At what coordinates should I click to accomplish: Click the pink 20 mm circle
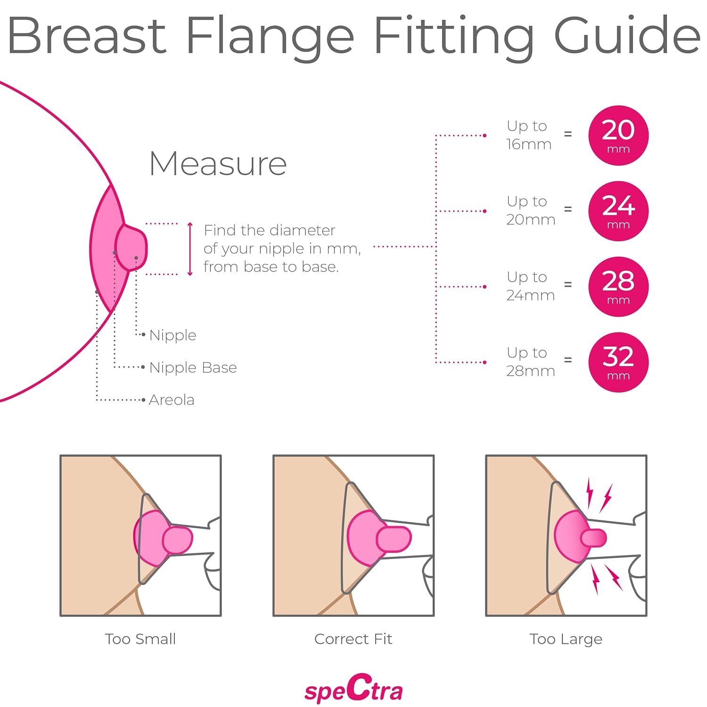(x=618, y=135)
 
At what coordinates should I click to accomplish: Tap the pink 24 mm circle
(x=618, y=211)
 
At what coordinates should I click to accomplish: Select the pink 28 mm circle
(x=618, y=286)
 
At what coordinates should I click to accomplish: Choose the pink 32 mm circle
(x=618, y=362)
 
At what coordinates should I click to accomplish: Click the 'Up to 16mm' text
(x=528, y=135)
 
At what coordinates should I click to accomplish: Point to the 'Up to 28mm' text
(x=530, y=362)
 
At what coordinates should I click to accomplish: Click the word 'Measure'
(x=218, y=164)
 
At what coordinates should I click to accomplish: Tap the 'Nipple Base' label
(x=193, y=367)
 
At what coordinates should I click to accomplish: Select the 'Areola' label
(x=172, y=400)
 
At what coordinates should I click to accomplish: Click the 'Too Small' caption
(x=140, y=639)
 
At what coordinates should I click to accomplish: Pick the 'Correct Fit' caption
(x=353, y=639)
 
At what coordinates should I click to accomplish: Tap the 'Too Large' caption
(x=566, y=639)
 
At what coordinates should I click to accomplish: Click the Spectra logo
(x=353, y=690)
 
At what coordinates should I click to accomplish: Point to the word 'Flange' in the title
(x=270, y=36)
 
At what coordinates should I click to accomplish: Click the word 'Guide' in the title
(x=627, y=36)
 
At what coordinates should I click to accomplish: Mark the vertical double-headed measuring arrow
(x=190, y=249)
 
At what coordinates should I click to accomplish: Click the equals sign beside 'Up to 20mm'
(x=568, y=209)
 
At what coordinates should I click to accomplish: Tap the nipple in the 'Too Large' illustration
(x=594, y=538)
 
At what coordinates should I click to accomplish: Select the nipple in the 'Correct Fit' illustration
(x=394, y=539)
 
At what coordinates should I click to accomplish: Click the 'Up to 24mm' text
(x=530, y=286)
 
